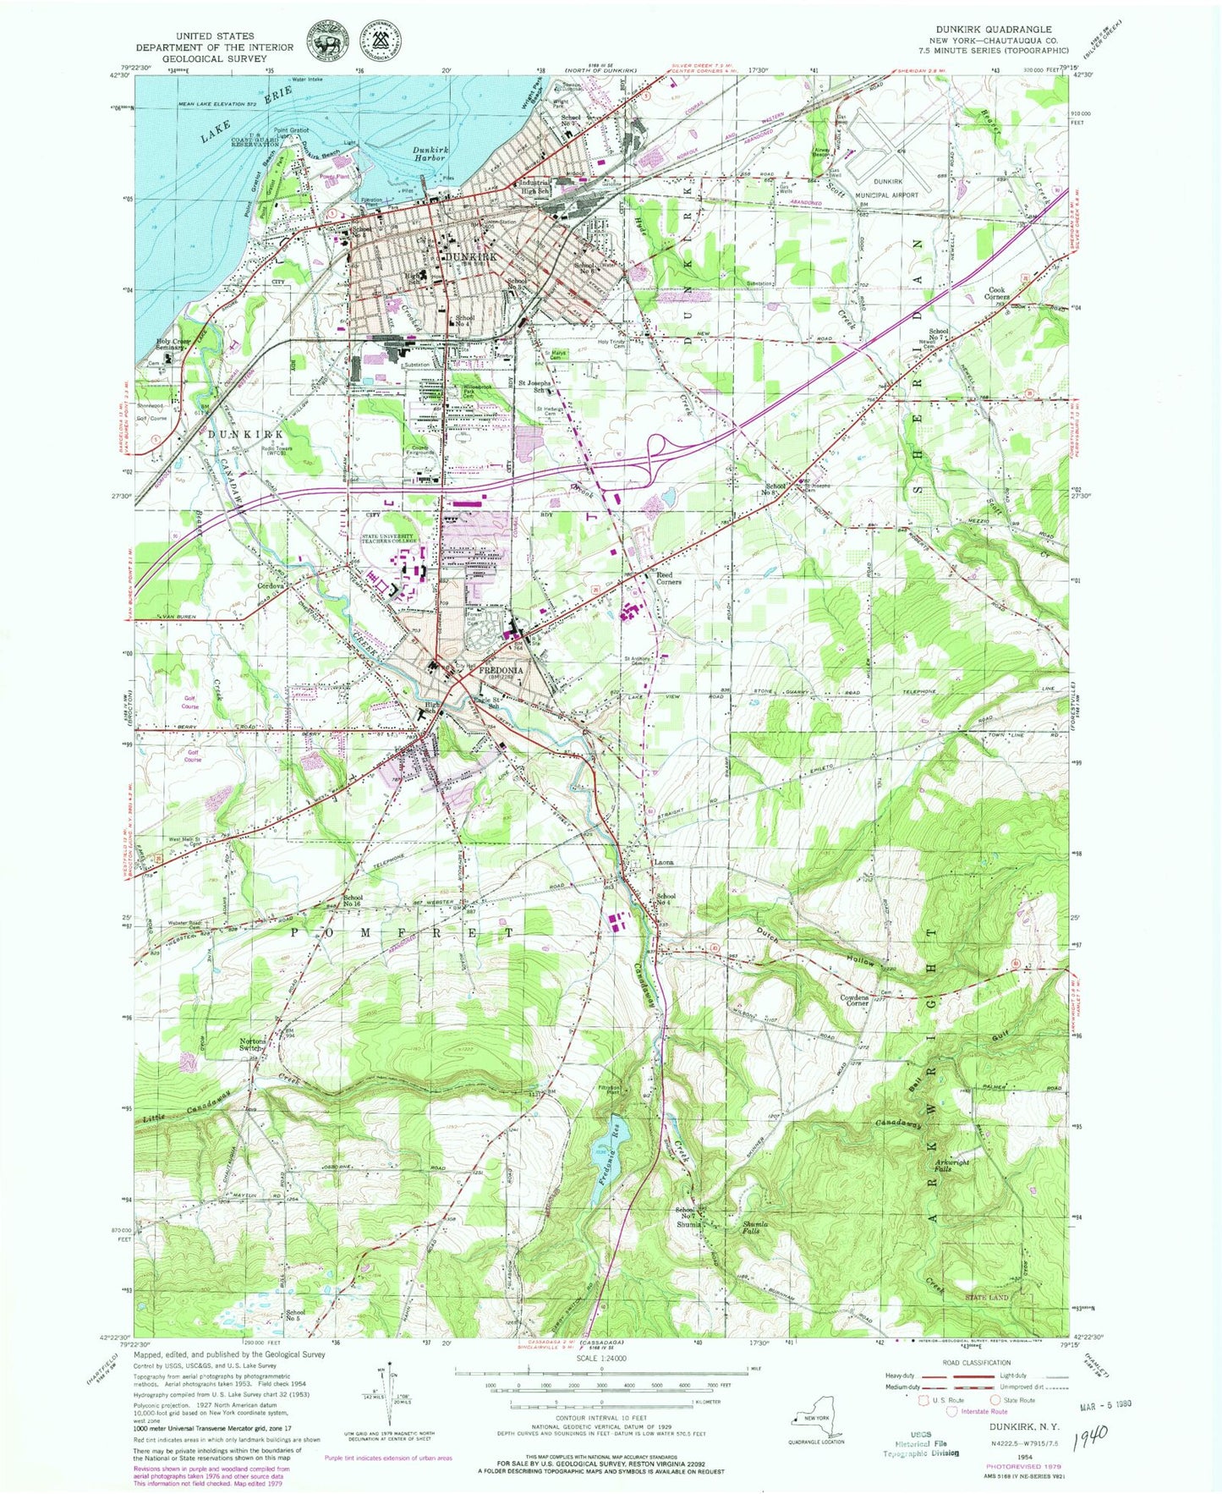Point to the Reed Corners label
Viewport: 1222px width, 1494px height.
tap(670, 578)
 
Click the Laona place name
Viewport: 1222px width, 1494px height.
tap(663, 863)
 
